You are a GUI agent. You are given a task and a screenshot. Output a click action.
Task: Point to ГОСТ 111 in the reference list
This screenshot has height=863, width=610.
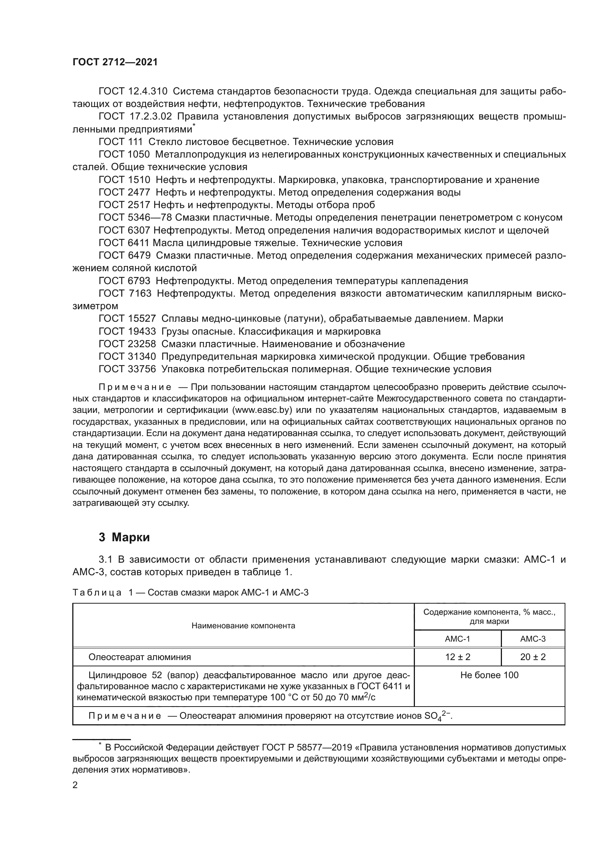(x=121, y=142)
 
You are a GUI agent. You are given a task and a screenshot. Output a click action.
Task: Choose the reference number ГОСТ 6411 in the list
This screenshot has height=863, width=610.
(x=124, y=242)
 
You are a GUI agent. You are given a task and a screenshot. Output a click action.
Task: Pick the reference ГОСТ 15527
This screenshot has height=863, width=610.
(x=127, y=318)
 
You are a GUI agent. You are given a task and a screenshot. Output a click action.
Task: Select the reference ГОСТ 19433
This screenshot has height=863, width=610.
(x=127, y=331)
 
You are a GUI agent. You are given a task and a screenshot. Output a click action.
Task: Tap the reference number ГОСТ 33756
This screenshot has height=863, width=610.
(x=127, y=369)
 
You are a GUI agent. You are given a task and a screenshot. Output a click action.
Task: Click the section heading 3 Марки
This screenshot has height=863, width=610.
(x=124, y=538)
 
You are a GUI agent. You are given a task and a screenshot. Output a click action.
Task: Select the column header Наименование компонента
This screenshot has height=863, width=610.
(x=243, y=625)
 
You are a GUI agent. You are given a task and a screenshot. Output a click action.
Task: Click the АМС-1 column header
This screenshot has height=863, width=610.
(x=457, y=639)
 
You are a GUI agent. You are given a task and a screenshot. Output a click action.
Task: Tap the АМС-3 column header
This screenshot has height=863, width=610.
(x=533, y=639)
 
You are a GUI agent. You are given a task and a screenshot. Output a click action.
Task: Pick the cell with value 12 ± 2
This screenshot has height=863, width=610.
(x=457, y=657)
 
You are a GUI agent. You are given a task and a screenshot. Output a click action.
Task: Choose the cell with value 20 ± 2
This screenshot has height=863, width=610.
(x=533, y=657)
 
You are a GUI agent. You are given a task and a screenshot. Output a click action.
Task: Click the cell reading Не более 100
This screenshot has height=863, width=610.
(x=489, y=675)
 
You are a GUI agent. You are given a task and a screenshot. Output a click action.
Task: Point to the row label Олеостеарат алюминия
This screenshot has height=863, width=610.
(x=139, y=657)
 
